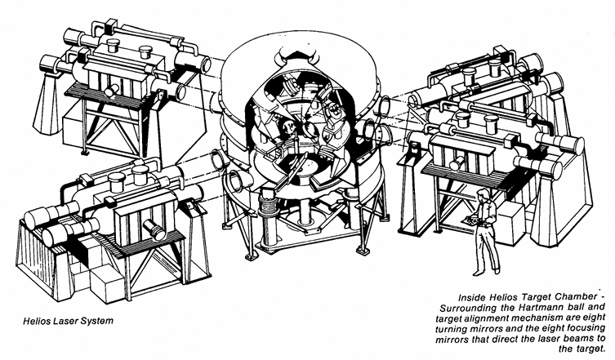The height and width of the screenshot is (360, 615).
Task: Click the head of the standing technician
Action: [x=484, y=195]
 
